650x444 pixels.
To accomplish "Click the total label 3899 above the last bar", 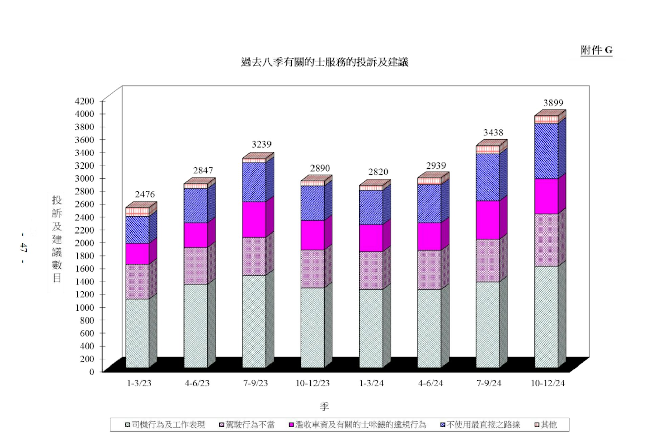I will [553, 103].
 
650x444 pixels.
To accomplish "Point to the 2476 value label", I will [145, 194].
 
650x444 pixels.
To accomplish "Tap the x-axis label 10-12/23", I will [312, 383].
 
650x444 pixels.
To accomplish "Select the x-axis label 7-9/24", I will [489, 383].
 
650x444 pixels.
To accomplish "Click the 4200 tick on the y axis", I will [85, 101].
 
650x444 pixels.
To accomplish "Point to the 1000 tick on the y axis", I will [85, 307].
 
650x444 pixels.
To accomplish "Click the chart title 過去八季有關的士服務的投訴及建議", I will [325, 62].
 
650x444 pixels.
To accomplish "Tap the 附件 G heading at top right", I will [597, 50].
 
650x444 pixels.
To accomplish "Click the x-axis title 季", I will [324, 406].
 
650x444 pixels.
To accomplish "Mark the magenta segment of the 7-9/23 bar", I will [254, 219].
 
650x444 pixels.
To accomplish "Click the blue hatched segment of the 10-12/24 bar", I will [546, 151].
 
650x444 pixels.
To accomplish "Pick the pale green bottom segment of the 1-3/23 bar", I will [137, 333].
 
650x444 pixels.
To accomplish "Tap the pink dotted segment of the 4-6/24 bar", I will [429, 270].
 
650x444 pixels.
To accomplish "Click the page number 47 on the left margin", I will [23, 248].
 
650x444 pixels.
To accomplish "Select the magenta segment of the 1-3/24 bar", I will [371, 238].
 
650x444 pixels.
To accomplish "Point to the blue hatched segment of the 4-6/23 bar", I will [196, 205].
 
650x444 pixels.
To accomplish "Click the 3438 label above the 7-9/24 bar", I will [493, 133].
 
